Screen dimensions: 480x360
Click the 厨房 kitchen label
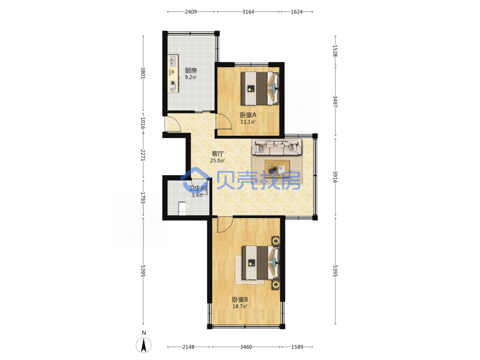pos(191,71)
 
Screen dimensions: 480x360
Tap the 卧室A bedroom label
pos(248,115)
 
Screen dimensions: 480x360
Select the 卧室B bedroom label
pos(240,300)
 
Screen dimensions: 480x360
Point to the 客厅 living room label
pos(217,154)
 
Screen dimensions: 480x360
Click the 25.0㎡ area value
pos(217,161)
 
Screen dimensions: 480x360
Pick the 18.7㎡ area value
pos(240,306)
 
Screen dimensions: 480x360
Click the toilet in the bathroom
pos(182,208)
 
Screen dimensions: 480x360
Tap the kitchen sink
pos(173,60)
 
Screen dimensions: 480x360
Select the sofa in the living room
pos(277,147)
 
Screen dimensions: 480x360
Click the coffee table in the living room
pos(277,168)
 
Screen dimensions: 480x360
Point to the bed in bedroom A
pos(260,88)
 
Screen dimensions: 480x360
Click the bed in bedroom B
pos(261,263)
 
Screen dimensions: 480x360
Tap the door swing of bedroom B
pos(225,225)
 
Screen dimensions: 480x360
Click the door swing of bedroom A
pos(224,121)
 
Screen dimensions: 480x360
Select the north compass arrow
pos(144,345)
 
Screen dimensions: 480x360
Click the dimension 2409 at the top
pos(191,12)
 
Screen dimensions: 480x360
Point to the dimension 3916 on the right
pos(335,177)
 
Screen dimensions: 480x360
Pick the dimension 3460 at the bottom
pos(246,347)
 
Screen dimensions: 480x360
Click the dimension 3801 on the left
pos(143,73)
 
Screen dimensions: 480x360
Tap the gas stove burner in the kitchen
pos(173,83)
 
